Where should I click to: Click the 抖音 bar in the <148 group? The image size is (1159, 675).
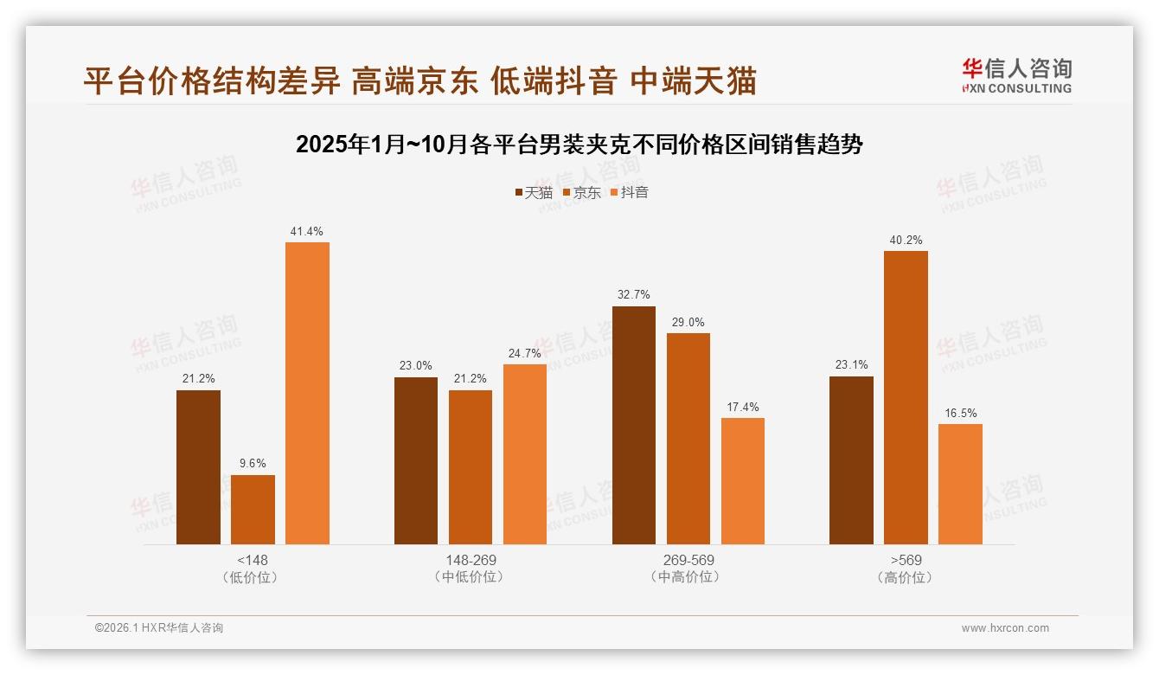307,393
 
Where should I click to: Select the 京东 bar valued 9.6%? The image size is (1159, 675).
253,510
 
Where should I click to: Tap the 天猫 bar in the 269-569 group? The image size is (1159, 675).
634,425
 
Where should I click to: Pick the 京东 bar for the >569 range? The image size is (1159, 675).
906,397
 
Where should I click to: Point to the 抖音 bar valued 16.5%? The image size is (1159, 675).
960,484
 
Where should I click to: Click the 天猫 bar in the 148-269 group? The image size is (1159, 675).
416,460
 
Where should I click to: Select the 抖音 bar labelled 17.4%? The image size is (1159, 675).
743,481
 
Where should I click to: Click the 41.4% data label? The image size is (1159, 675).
307,231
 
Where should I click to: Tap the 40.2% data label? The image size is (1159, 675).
906,240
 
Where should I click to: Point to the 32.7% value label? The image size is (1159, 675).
634,294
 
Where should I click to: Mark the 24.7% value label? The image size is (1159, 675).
525,353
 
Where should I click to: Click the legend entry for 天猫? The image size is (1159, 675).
534,192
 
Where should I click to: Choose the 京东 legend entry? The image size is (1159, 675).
581,192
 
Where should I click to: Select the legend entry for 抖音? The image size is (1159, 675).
629,192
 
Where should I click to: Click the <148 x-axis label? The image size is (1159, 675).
253,560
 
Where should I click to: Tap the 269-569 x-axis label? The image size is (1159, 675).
688,560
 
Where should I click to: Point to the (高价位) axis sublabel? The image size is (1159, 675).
906,577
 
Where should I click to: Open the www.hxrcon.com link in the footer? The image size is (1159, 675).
1005,628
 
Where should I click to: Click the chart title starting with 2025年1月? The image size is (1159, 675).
579,145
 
